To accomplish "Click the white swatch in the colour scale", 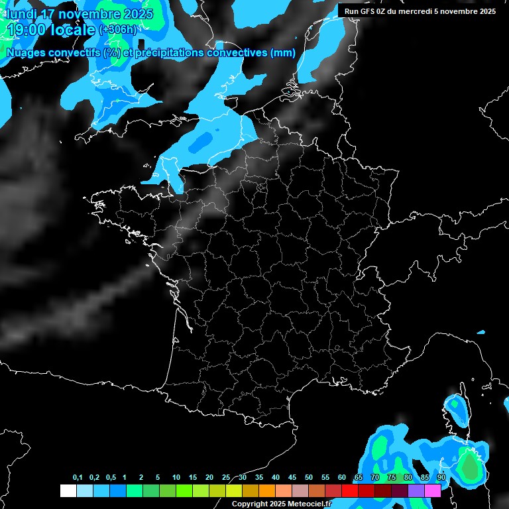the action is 68,490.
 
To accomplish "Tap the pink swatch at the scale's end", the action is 433,490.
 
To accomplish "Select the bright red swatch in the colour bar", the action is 349,490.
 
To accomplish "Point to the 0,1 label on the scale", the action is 78,478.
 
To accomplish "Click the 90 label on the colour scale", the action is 441,478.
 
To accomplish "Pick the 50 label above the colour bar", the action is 308,478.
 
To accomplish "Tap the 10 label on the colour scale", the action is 176,478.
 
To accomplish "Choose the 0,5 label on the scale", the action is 111,478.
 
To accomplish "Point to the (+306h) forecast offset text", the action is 117,30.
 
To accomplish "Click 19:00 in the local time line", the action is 25,30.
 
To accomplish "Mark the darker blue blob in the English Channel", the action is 201,141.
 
